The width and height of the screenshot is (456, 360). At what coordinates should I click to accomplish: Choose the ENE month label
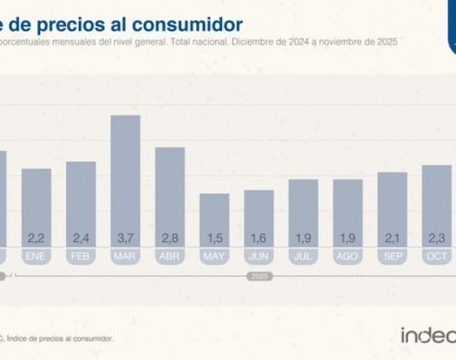[x=36, y=257]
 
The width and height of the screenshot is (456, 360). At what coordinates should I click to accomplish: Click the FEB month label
[x=81, y=257]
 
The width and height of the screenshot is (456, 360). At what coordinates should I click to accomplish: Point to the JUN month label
[x=258, y=257]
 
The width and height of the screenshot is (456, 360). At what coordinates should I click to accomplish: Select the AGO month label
[x=347, y=257]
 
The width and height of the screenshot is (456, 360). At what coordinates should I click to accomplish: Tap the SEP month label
[x=392, y=257]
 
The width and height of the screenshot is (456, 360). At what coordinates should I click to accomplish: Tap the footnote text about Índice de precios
[x=61, y=337]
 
